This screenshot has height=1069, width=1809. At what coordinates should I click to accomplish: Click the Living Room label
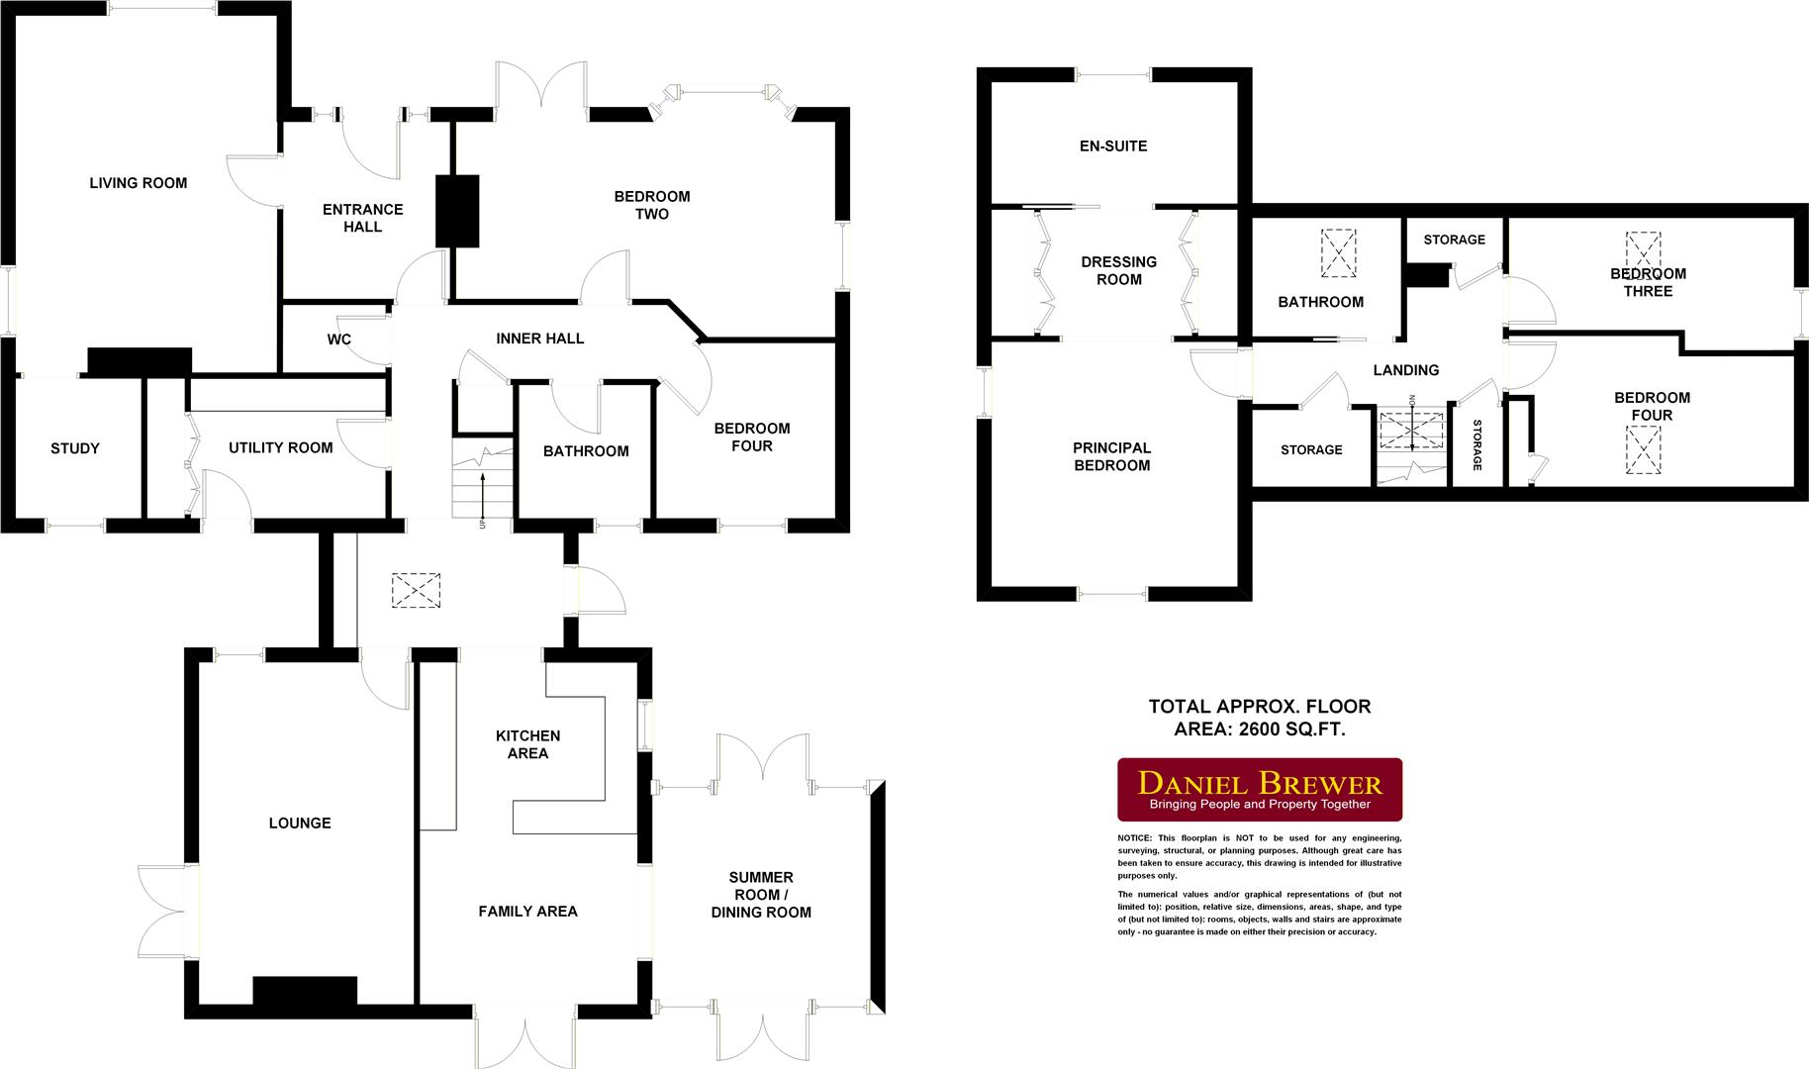[x=138, y=183]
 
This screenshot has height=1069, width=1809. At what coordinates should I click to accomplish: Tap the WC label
[x=339, y=340]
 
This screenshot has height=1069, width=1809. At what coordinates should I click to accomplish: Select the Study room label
[x=75, y=448]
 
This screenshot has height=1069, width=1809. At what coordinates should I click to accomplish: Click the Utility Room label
[x=280, y=447]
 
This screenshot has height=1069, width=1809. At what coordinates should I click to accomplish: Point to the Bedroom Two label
[x=651, y=205]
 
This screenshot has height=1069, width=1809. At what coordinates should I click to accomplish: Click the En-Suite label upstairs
[x=1113, y=146]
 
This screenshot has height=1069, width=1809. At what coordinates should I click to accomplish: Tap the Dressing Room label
[x=1118, y=270]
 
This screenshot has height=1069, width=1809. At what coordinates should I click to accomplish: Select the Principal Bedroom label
[x=1111, y=456]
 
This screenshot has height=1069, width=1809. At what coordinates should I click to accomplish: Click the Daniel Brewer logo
[x=1259, y=790]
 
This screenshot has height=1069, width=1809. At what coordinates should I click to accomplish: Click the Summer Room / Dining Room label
[x=760, y=895]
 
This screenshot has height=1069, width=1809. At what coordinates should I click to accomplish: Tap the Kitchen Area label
[x=527, y=744]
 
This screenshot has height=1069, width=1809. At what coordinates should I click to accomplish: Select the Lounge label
[x=300, y=824]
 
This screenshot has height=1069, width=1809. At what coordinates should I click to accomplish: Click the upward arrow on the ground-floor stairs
[x=483, y=491]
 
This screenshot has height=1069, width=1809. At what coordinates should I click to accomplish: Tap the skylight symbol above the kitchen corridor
[x=417, y=591]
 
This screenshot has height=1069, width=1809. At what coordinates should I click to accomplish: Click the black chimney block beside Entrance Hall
[x=457, y=211]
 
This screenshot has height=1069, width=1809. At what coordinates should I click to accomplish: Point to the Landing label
[x=1405, y=370]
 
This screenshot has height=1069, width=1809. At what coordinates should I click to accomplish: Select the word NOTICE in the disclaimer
[x=1135, y=838]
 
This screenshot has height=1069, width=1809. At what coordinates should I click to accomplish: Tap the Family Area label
[x=527, y=912]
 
